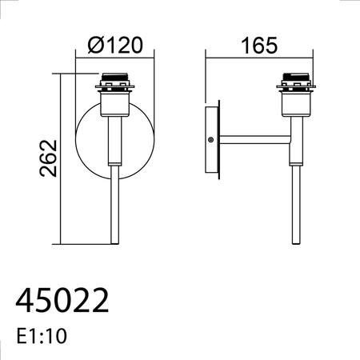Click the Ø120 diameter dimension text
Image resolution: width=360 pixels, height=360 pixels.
point(115,45)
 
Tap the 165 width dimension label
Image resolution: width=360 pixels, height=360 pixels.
point(259,46)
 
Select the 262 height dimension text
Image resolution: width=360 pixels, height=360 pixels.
point(48,158)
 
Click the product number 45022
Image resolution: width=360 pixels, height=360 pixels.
point(62,300)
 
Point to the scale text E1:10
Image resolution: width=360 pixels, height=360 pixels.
point(42,336)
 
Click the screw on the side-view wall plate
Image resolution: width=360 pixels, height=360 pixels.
point(210,139)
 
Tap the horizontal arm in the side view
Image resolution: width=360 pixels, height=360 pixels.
point(255,140)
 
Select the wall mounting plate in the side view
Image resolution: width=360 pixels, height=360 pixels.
point(212,140)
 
